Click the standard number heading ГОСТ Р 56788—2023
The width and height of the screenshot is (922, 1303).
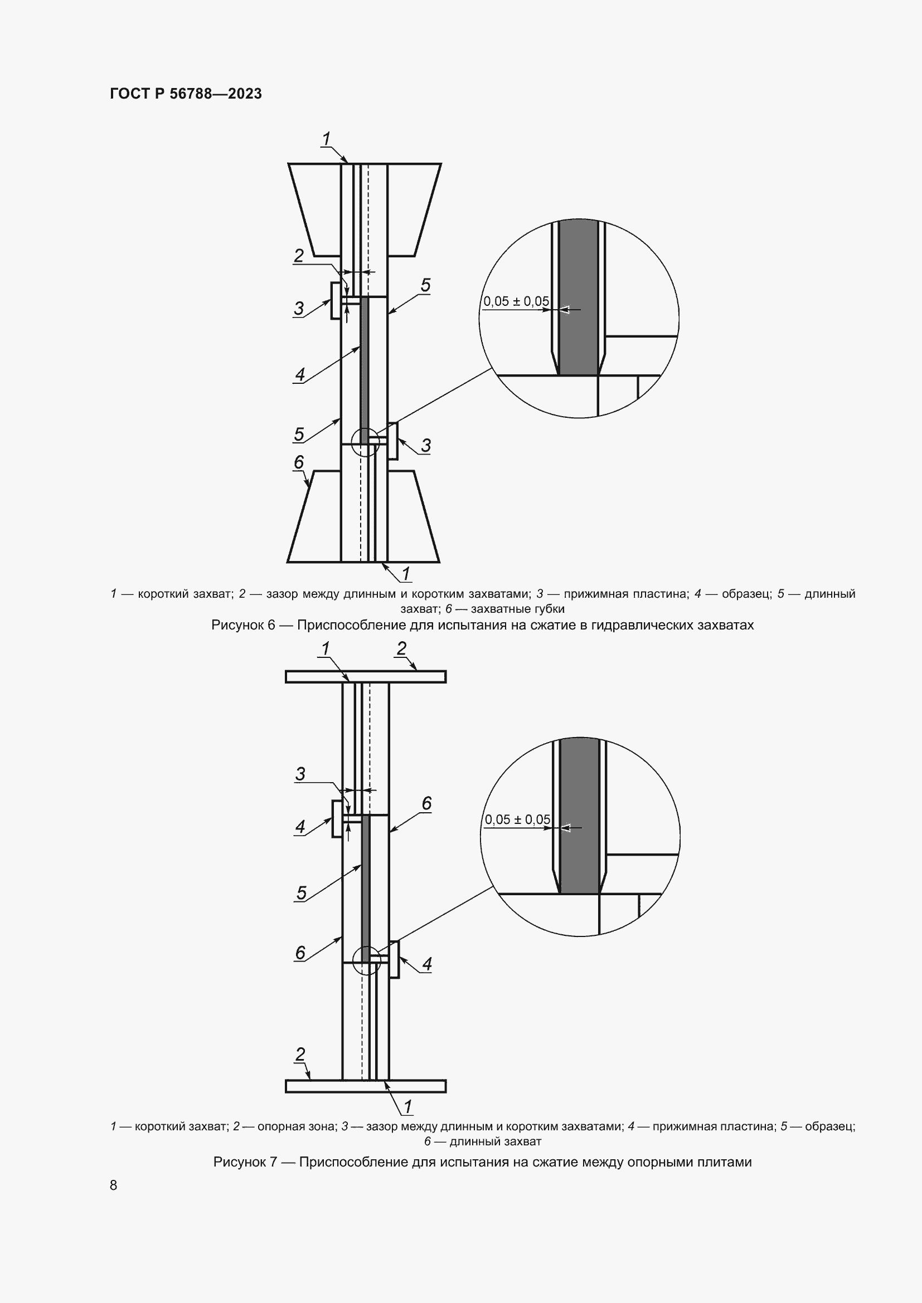coord(186,94)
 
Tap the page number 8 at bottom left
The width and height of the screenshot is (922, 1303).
coord(114,1185)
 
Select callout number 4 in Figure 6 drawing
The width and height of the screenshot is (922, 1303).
coord(300,374)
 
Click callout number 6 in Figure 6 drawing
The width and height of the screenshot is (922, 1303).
coord(299,462)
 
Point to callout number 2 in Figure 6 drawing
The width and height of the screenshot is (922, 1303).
coord(299,255)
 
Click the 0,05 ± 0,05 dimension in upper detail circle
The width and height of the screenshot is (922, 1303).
coord(516,301)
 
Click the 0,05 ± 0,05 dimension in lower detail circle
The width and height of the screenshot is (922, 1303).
coord(517,819)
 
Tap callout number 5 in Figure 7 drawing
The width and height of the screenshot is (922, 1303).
coord(302,892)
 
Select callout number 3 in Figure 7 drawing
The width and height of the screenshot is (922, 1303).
coord(300,774)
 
